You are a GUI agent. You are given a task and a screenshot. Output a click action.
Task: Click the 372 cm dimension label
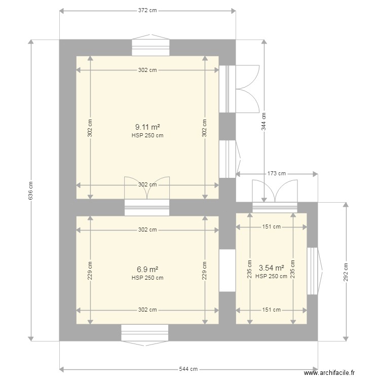point(147,11)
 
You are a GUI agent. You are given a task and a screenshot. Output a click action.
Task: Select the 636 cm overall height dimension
point(30,190)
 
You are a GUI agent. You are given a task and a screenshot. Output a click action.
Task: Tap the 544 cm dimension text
point(188,369)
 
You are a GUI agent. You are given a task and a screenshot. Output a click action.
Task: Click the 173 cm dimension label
point(277,174)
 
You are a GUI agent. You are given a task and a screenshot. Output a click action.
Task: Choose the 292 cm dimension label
point(346,272)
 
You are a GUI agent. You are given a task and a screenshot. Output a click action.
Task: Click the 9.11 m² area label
point(147,127)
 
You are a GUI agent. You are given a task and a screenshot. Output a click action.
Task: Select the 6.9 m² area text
point(147,270)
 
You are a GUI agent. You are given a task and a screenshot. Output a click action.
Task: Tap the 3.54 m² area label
point(271,268)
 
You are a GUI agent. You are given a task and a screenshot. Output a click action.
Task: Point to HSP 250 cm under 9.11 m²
point(147,135)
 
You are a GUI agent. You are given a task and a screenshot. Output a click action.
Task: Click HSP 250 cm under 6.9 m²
point(147,278)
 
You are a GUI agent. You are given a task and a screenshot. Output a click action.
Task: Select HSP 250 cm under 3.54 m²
point(271,276)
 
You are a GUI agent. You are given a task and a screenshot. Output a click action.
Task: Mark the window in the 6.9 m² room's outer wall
point(144,333)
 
